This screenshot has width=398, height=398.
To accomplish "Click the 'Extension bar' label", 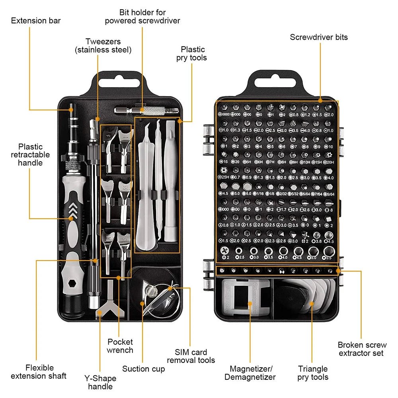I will [x=36, y=20].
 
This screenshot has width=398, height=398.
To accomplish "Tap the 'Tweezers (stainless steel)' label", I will [x=103, y=46].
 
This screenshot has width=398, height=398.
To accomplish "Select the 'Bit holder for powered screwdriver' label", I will [x=142, y=17].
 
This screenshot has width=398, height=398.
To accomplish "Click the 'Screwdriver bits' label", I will [x=318, y=37].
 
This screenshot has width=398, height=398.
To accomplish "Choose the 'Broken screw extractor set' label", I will [x=362, y=349].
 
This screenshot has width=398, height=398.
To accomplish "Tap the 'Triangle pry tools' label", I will [x=313, y=373].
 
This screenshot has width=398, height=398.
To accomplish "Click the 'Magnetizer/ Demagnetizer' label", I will [x=250, y=373].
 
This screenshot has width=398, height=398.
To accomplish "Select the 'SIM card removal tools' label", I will [x=191, y=356].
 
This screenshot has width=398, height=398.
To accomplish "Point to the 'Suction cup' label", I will [x=143, y=369].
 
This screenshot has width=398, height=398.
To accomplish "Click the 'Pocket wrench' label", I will [x=120, y=346].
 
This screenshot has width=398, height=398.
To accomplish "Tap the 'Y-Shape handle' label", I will [x=100, y=382].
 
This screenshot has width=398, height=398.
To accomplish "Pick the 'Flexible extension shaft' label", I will [x=38, y=372].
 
